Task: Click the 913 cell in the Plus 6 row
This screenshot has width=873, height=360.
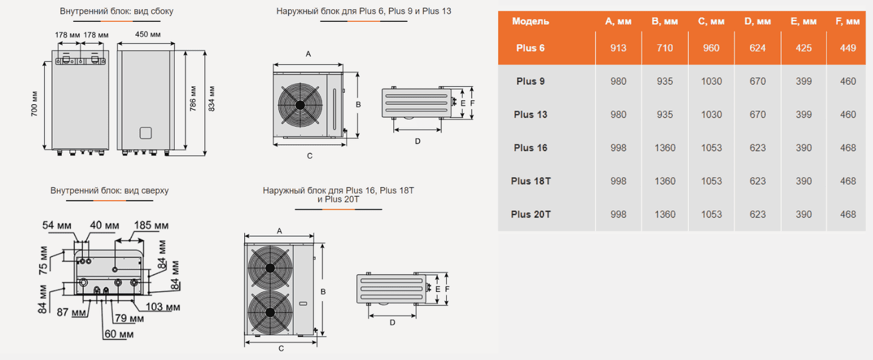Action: click(618, 48)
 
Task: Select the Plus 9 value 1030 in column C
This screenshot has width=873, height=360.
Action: click(711, 81)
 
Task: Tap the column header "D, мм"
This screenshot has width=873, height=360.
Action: click(757, 21)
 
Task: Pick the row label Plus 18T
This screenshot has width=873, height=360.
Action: click(531, 181)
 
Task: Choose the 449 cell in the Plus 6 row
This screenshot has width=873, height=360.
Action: click(848, 48)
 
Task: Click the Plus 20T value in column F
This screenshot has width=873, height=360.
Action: click(848, 215)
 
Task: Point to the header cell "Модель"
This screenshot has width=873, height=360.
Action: click(530, 21)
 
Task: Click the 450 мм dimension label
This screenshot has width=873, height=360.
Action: click(148, 35)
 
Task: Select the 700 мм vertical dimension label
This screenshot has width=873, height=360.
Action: click(35, 104)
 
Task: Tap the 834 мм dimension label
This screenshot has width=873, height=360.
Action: click(211, 99)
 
